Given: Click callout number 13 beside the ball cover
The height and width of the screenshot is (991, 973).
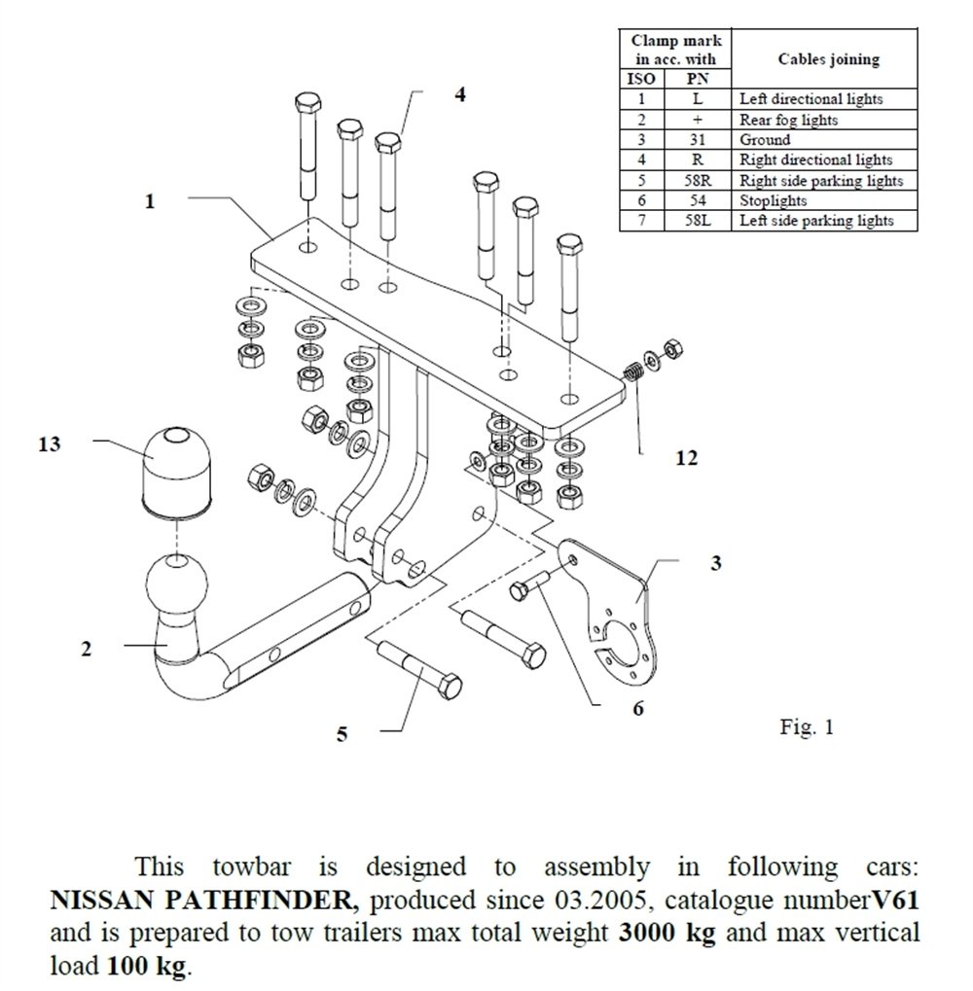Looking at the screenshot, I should click(x=50, y=444).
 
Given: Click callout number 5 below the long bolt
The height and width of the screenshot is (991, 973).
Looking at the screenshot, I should click(x=342, y=734).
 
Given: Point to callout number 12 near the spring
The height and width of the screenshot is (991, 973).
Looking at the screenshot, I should click(x=687, y=457).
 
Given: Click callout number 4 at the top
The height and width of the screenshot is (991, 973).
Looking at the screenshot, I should click(x=459, y=93).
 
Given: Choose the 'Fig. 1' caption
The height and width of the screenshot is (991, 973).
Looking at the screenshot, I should click(x=807, y=726).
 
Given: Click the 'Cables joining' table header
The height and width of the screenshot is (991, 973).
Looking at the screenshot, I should click(x=828, y=59).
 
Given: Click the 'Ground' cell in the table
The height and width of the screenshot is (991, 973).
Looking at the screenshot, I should click(x=765, y=140).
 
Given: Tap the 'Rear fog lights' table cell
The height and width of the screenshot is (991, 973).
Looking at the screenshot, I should click(x=788, y=120).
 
